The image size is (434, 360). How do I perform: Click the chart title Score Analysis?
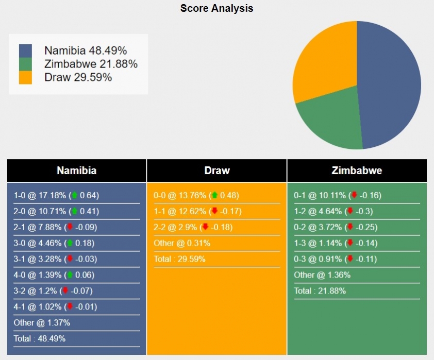tap(216, 8)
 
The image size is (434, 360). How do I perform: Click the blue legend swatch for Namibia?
tap(25, 50)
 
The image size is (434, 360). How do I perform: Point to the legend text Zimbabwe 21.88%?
tap(91, 64)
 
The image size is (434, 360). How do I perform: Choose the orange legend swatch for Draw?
tap(25, 77)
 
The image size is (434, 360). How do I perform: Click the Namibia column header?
tap(76, 170)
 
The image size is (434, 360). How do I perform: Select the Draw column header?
tap(217, 170)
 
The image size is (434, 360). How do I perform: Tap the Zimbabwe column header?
tap(357, 170)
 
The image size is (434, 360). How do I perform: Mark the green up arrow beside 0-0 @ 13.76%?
tap(214, 195)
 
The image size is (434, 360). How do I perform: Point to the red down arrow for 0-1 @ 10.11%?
tap(354, 195)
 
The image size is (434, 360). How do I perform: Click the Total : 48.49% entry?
tap(40, 338)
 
